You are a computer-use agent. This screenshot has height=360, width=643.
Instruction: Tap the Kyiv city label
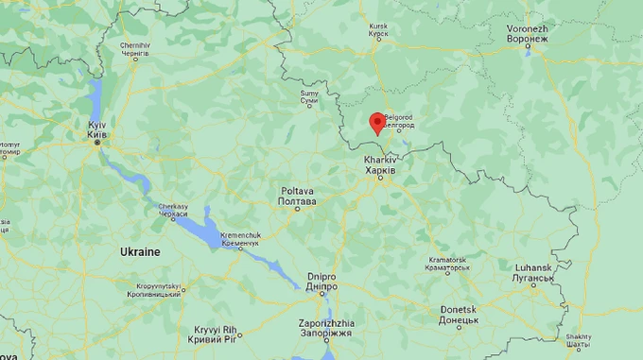(96, 130)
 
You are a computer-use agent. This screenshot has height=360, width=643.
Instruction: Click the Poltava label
(297, 196)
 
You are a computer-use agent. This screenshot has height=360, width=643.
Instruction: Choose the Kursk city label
(378, 31)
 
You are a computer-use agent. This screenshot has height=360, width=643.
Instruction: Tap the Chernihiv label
(134, 50)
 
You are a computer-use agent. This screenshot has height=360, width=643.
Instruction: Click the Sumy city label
(309, 98)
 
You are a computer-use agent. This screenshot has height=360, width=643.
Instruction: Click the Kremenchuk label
(239, 239)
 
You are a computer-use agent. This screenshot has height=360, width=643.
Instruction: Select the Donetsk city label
(459, 315)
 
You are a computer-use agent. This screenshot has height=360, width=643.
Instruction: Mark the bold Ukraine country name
(140, 252)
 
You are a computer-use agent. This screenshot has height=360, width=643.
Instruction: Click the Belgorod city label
(401, 120)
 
